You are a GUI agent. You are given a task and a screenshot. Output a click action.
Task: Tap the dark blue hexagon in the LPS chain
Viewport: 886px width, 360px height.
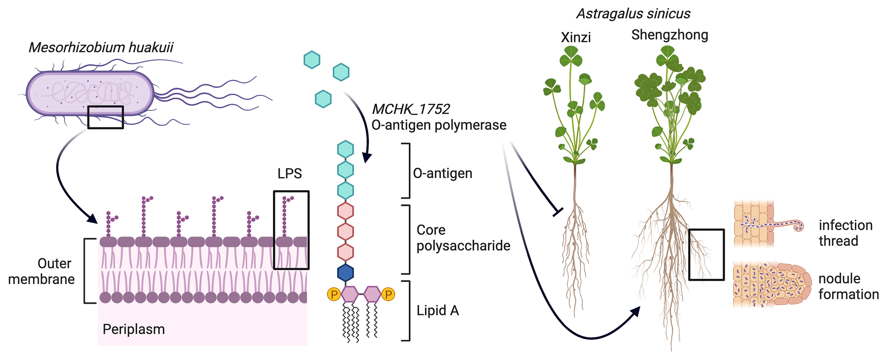pos(345,273)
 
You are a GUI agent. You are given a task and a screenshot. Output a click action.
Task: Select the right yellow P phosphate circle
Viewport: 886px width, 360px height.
pos(388,294)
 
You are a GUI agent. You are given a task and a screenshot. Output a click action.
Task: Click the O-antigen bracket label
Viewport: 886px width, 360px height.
pos(442,173)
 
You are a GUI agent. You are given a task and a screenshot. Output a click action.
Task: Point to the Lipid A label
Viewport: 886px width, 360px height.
pos(438,310)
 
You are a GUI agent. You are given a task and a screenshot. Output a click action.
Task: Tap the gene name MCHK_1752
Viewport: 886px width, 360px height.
pos(411,109)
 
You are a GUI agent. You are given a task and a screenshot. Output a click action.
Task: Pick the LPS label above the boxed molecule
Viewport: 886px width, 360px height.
pos(290,174)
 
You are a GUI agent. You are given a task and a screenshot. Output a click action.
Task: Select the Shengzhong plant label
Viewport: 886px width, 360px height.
pos(669,35)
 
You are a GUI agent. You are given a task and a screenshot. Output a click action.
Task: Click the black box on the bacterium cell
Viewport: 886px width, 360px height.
pos(106,117)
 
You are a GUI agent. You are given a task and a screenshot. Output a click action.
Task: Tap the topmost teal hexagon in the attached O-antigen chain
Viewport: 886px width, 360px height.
pos(345,149)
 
